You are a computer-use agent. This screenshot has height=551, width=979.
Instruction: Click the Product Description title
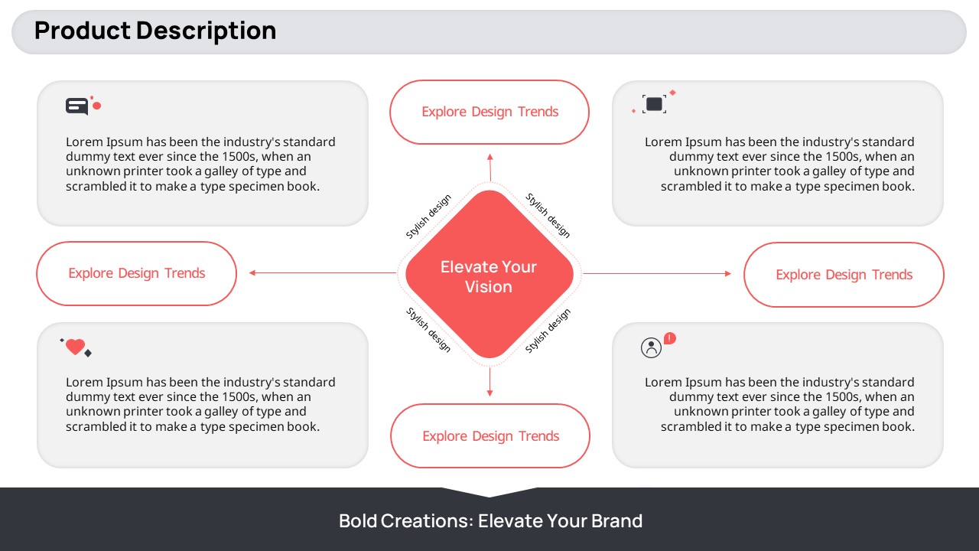click(x=155, y=31)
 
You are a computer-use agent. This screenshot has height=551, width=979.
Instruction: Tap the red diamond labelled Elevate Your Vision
click(x=489, y=274)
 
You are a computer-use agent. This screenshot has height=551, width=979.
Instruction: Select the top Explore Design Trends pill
click(x=489, y=112)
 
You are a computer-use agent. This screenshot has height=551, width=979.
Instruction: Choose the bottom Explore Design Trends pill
click(x=490, y=436)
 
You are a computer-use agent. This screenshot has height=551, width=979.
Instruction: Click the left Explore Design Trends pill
click(x=136, y=274)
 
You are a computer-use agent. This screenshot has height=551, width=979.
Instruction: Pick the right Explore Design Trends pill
click(x=844, y=275)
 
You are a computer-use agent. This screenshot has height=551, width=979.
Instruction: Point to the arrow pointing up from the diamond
click(x=490, y=167)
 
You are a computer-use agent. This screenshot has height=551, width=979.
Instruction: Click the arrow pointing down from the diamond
click(x=489, y=382)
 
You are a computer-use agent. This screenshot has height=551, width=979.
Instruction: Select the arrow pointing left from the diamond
click(x=323, y=273)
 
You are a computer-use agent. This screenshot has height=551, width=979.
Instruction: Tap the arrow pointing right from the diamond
click(x=657, y=274)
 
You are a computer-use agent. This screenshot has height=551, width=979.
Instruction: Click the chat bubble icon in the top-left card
click(x=77, y=106)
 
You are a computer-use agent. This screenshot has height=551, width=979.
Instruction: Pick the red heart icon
click(x=75, y=347)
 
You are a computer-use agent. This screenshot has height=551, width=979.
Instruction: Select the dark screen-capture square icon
click(x=654, y=104)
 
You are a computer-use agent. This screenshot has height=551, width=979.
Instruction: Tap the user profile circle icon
click(x=651, y=348)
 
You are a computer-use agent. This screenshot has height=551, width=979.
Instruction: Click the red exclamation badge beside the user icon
click(x=669, y=338)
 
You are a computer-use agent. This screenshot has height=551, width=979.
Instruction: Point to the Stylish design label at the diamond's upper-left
click(x=428, y=217)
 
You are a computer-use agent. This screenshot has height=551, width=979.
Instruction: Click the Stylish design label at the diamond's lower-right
click(x=548, y=331)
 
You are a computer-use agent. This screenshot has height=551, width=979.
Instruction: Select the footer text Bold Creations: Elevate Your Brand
click(x=490, y=521)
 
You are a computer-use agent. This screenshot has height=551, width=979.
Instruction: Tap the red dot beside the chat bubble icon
click(x=97, y=106)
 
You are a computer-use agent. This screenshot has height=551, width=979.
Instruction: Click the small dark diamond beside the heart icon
click(x=88, y=354)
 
